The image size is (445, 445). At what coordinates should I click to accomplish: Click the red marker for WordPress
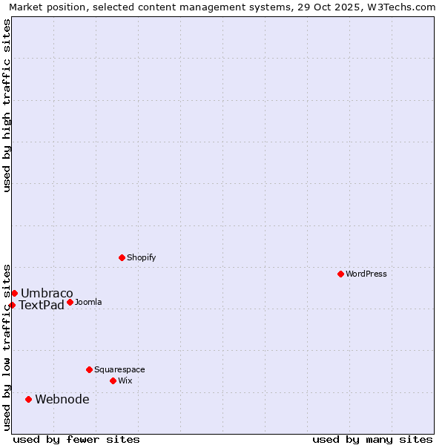click(340, 274)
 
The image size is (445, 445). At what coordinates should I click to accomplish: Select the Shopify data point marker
click(122, 257)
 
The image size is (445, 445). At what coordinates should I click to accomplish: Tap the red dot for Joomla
click(70, 302)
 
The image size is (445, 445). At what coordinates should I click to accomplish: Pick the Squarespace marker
click(89, 369)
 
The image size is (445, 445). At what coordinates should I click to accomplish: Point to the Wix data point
click(113, 380)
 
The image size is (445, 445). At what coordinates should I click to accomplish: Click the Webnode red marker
click(28, 399)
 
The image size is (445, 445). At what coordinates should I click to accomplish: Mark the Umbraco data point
click(14, 293)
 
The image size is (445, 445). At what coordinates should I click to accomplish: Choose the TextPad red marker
click(12, 305)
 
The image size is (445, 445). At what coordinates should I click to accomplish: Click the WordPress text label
click(366, 274)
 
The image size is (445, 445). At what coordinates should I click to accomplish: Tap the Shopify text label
click(142, 257)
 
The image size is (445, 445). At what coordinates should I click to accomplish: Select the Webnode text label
click(62, 399)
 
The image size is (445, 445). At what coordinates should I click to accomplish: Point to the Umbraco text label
click(47, 293)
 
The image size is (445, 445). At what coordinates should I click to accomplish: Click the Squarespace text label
click(119, 369)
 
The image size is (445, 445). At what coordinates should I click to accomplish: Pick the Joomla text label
click(88, 302)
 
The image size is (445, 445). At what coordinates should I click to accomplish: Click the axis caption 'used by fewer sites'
click(76, 439)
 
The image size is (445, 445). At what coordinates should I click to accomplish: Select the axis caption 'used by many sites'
click(372, 439)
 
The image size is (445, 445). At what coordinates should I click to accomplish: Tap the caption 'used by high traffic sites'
click(7, 105)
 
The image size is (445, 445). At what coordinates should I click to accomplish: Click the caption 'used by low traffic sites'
click(7, 346)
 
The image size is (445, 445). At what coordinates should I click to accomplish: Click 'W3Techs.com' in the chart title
click(404, 7)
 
